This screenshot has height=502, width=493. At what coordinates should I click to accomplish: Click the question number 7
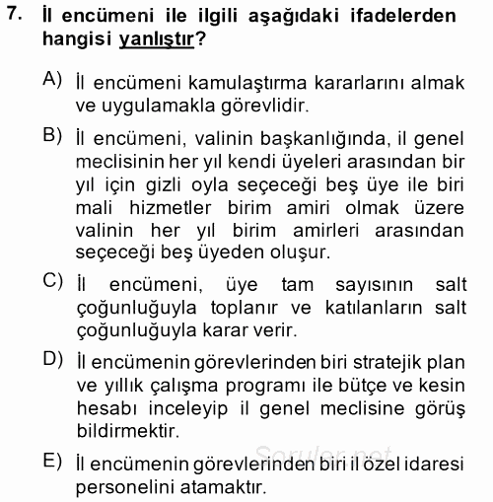pyautogui.click(x=13, y=17)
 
